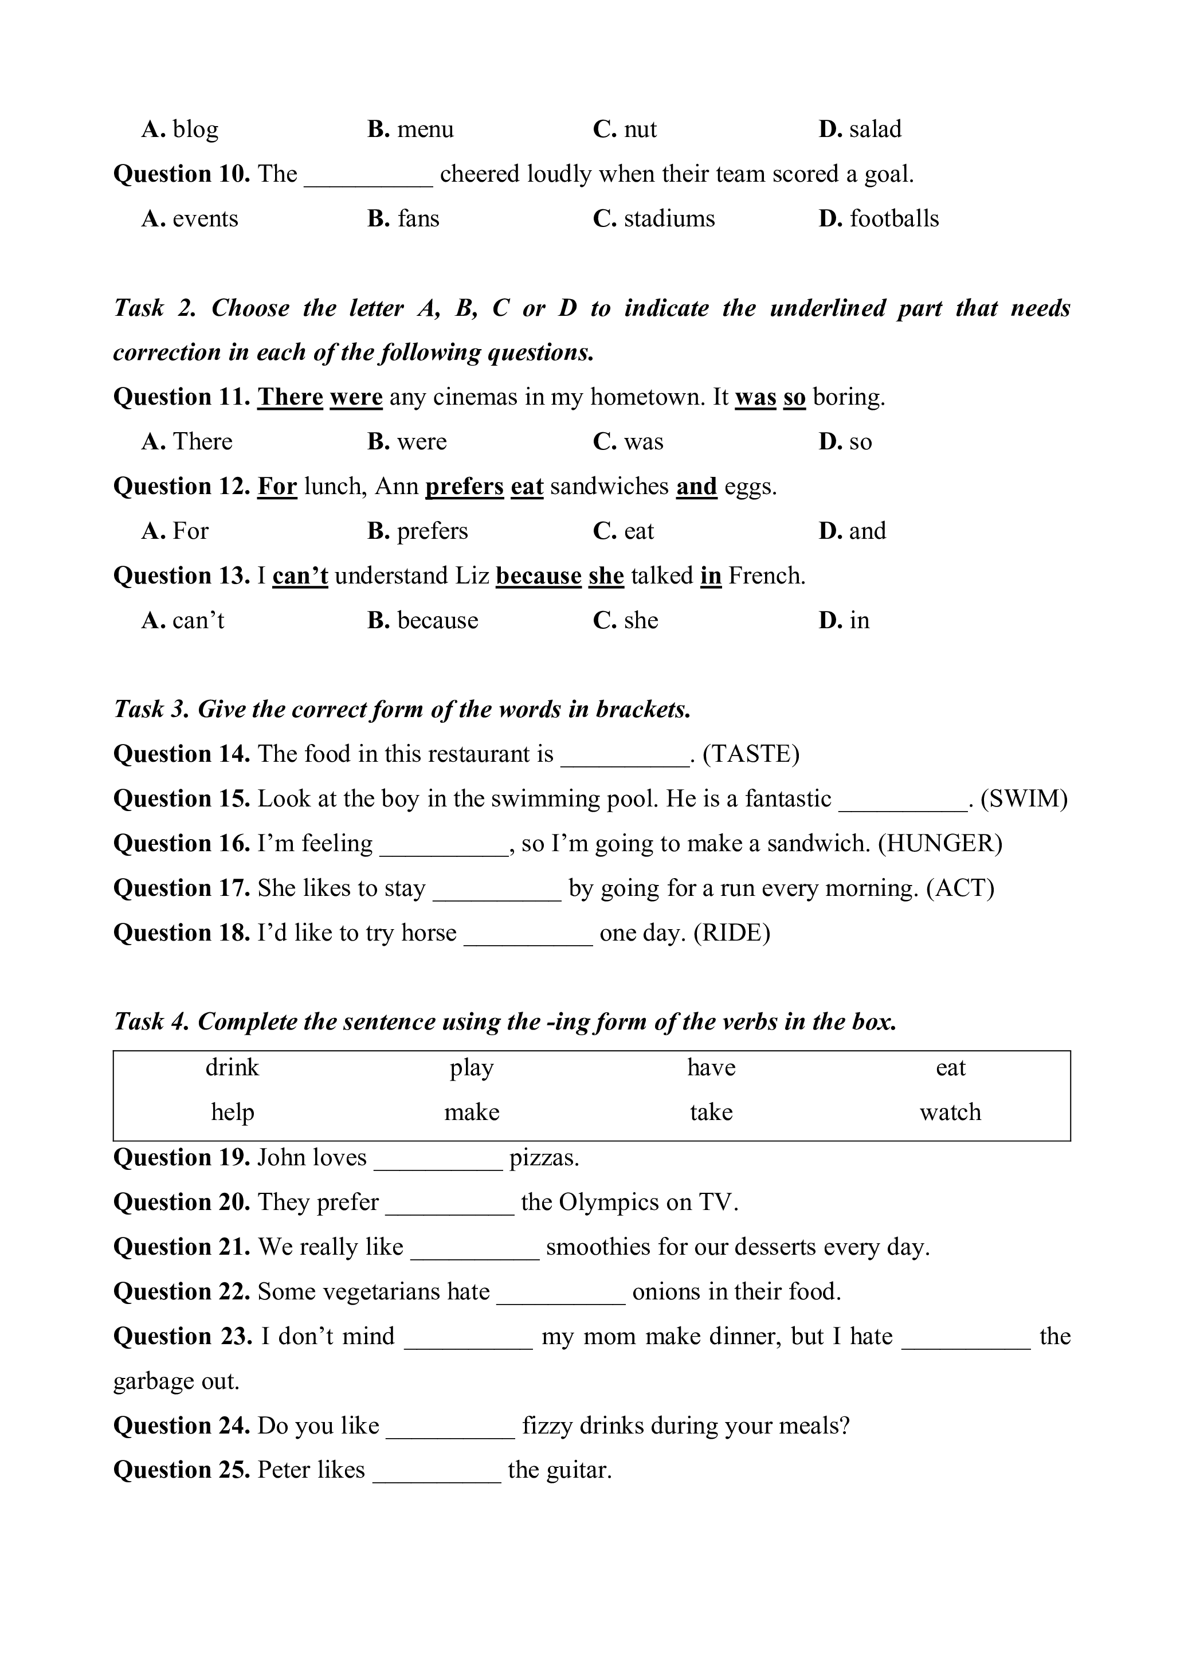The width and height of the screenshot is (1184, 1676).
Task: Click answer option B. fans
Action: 403,218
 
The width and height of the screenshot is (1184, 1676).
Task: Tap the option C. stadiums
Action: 654,218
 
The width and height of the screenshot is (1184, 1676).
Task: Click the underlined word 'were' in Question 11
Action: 356,397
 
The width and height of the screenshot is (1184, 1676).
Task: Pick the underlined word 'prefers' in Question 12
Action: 464,486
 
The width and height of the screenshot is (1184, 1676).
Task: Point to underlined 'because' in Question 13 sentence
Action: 539,576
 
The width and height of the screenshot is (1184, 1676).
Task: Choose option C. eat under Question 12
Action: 624,531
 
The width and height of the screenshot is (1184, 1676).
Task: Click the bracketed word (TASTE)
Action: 751,754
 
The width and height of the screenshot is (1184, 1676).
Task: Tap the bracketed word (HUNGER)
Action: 940,843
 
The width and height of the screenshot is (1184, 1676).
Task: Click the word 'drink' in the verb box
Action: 232,1068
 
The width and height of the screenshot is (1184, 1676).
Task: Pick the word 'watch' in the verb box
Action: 950,1113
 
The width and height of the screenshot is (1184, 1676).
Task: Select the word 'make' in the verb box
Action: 472,1113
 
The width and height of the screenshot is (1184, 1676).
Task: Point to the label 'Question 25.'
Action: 182,1470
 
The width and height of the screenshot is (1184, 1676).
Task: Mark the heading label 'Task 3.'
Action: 152,710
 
